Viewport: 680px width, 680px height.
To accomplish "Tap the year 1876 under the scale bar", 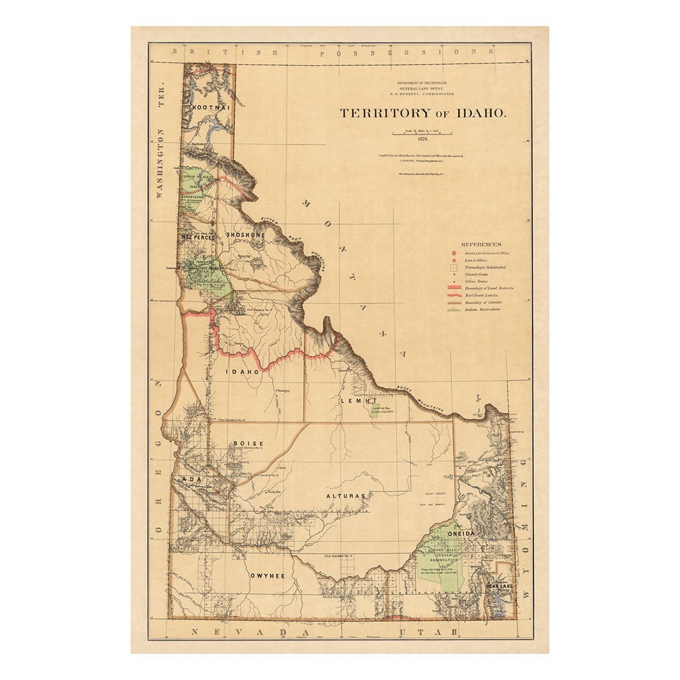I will click(x=422, y=139).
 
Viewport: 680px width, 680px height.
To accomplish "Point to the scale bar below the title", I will click(x=422, y=133).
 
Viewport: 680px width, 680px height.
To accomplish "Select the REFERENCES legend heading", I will click(x=481, y=244).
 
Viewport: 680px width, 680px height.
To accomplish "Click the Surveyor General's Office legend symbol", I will click(x=454, y=253).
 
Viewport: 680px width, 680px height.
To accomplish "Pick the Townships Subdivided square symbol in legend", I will click(x=454, y=267).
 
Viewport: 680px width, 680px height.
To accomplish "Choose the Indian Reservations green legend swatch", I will click(x=454, y=310).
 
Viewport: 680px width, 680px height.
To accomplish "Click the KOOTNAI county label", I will click(x=209, y=107).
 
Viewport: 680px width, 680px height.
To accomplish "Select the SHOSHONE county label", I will click(x=245, y=235).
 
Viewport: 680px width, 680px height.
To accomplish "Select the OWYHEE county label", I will click(x=267, y=575).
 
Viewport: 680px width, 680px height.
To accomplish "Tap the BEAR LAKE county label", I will click(x=499, y=587).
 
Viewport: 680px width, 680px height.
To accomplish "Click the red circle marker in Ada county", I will click(x=217, y=492).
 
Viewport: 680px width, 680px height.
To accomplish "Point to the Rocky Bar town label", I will click(x=275, y=493).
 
